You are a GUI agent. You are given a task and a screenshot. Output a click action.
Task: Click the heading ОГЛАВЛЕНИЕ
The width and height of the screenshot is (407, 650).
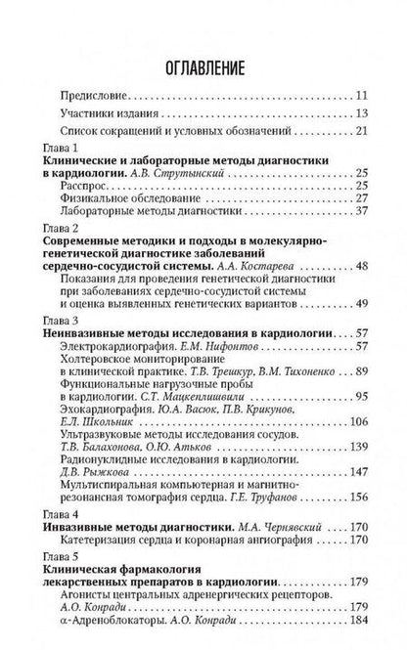click(203, 65)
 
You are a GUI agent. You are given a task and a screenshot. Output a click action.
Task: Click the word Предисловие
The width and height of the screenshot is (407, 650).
click(93, 95)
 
